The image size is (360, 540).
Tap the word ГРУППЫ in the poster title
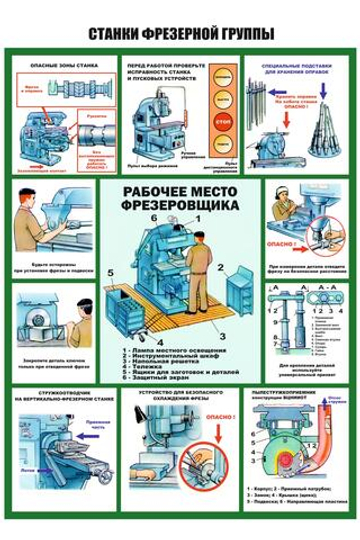[247, 33]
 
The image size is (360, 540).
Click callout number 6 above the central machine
[155, 218]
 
